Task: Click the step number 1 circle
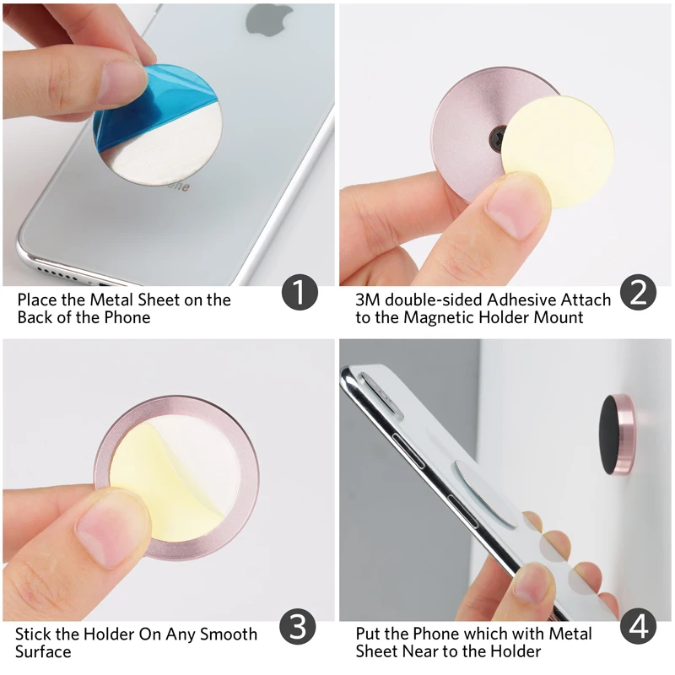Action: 300,293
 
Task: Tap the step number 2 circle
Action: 639,292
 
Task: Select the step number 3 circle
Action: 300,628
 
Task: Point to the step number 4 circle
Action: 639,628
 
